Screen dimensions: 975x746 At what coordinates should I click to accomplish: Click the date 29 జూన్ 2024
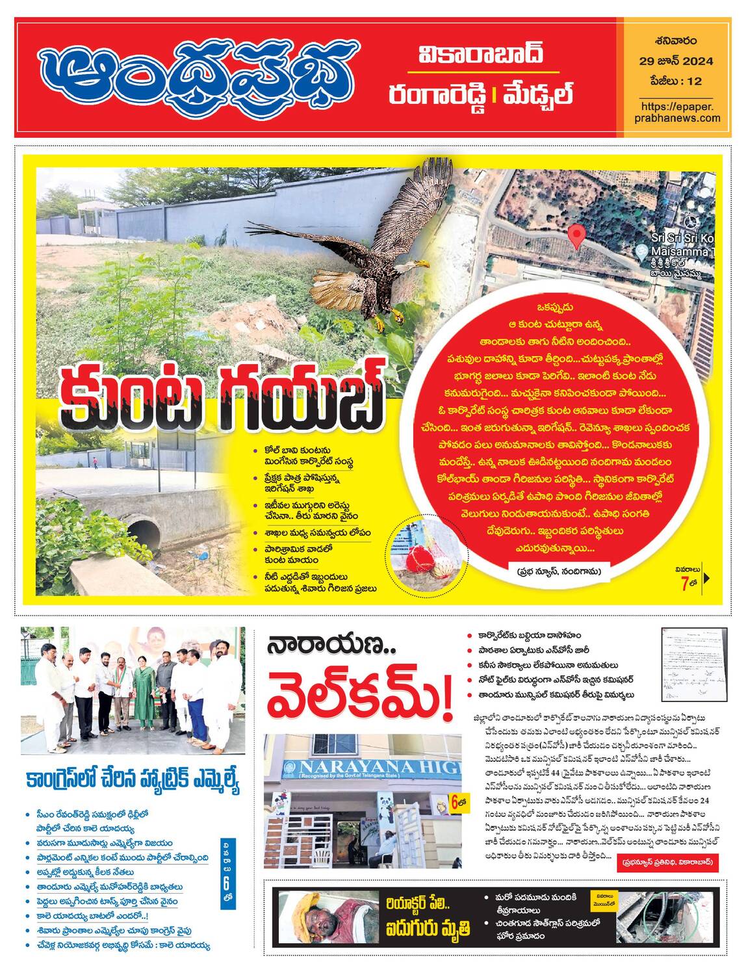tap(676, 61)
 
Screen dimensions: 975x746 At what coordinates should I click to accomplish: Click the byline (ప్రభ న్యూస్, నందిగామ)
tap(559, 571)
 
